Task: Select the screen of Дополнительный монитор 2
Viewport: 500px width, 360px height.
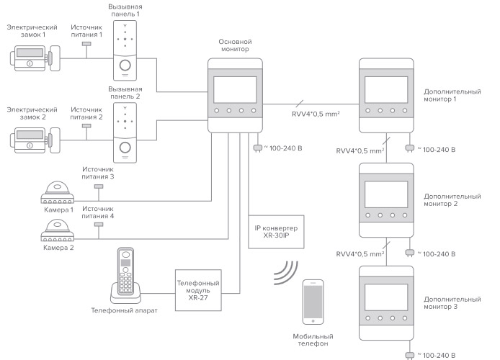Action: (387, 195)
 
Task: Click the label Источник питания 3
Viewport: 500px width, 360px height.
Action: (98, 171)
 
